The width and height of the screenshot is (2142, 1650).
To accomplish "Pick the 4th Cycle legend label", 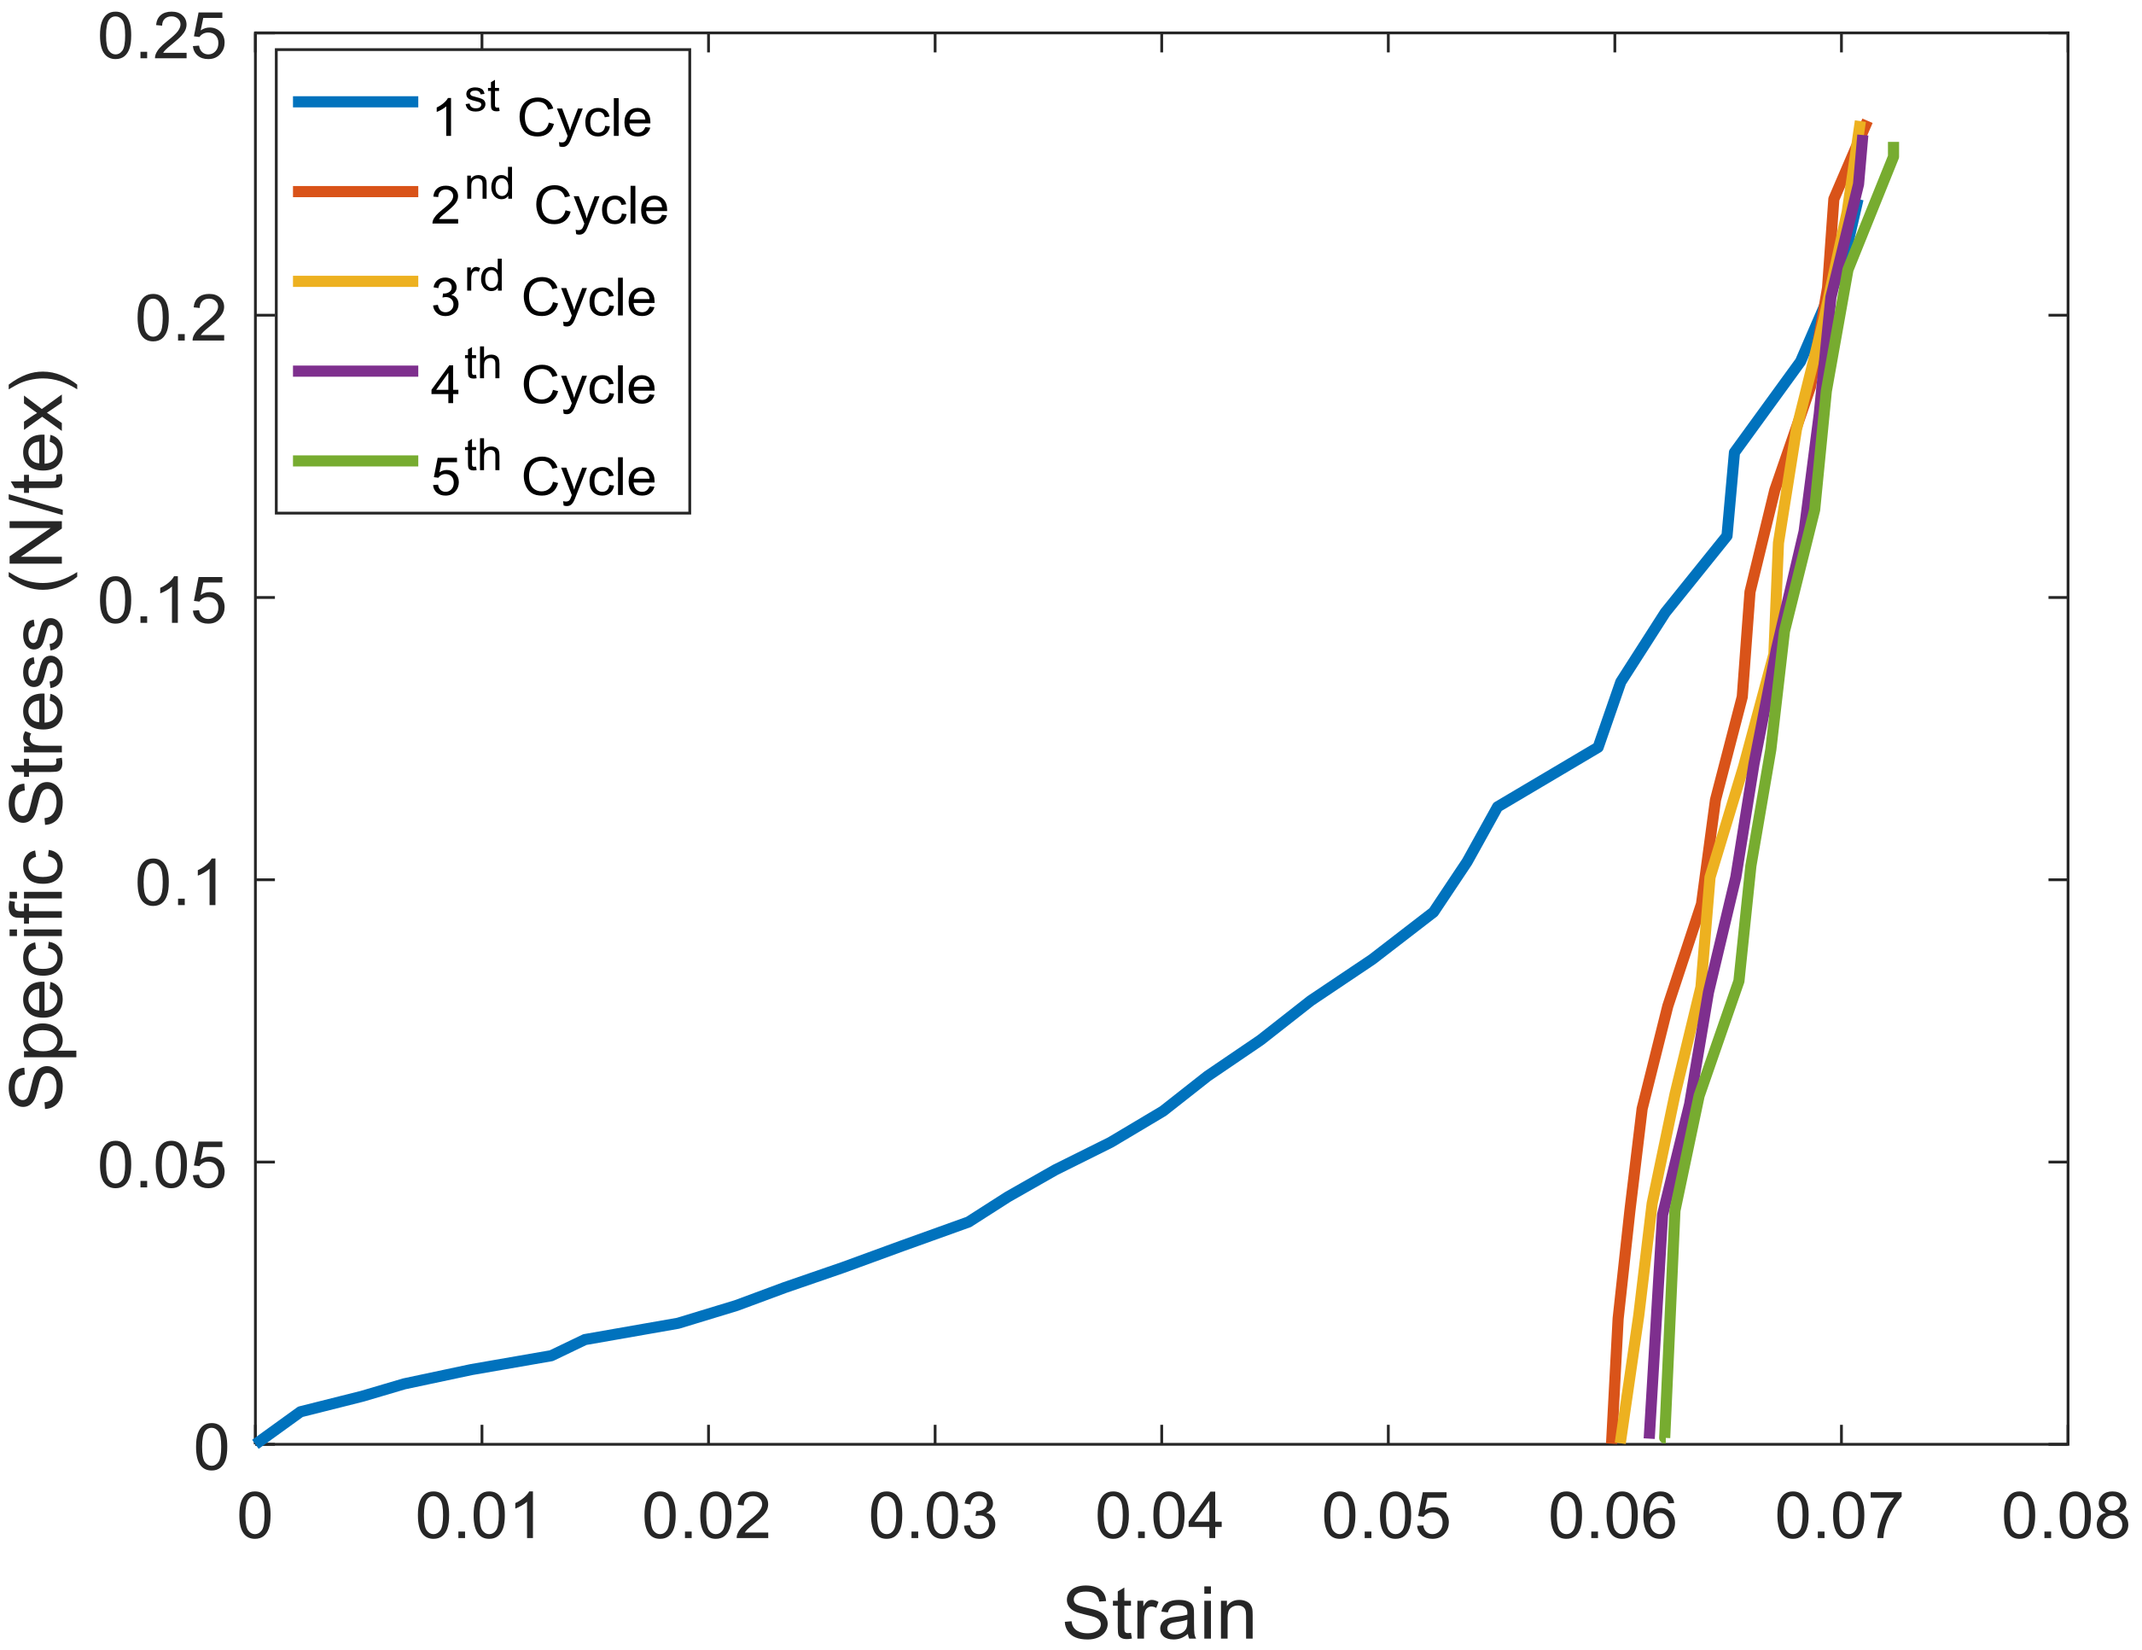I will point(543,382).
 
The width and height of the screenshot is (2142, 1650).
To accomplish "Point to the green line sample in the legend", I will point(355,460).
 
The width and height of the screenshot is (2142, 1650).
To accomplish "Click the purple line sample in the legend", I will point(355,370).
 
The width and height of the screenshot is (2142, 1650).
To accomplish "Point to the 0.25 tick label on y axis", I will point(162,39).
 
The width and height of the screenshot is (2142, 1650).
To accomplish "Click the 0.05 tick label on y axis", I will point(162,1165).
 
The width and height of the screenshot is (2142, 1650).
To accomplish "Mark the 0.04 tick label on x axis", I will point(1159,1518).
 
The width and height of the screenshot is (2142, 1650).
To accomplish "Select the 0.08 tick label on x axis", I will point(2064,1518).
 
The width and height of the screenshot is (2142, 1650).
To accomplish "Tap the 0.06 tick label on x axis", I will point(1611,1518).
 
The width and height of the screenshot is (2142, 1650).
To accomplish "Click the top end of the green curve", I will point(1893,147).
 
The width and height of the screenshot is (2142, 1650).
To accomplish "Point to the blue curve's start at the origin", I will point(258,1442).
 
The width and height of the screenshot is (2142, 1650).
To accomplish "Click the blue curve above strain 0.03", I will point(934,1235).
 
